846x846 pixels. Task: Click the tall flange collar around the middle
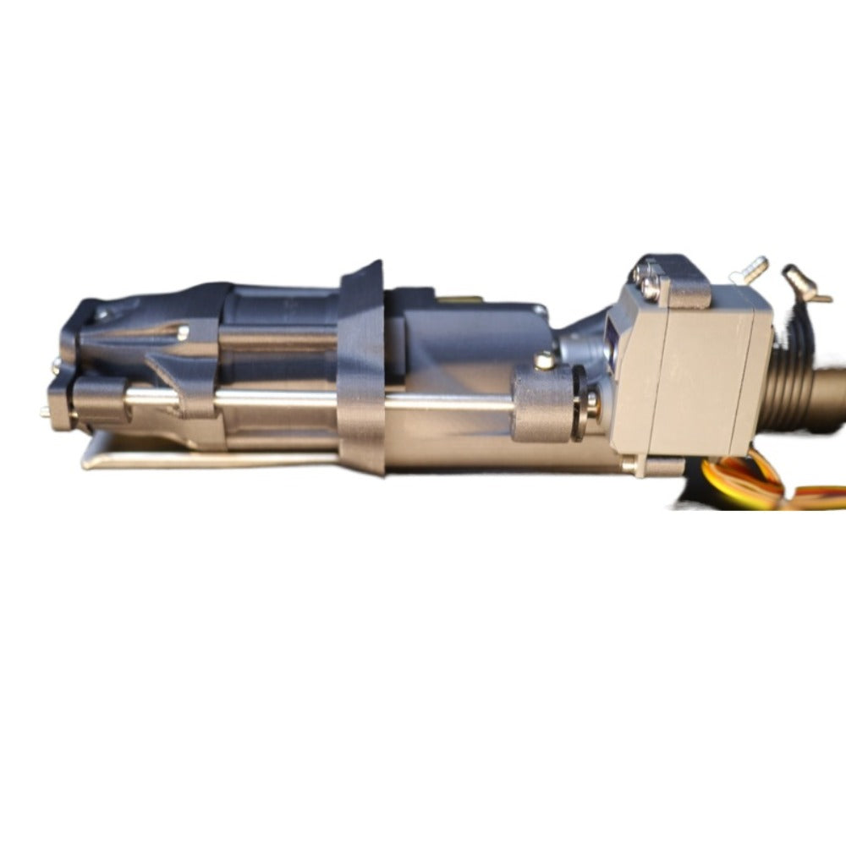[362, 372]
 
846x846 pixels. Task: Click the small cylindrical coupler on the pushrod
[541, 404]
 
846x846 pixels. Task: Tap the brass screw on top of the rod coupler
[544, 361]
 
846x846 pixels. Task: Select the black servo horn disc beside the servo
[580, 404]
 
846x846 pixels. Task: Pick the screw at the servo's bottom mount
[630, 464]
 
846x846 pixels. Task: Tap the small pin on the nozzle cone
[182, 332]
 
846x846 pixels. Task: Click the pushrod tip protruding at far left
[45, 412]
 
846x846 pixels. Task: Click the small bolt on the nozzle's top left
[102, 314]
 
